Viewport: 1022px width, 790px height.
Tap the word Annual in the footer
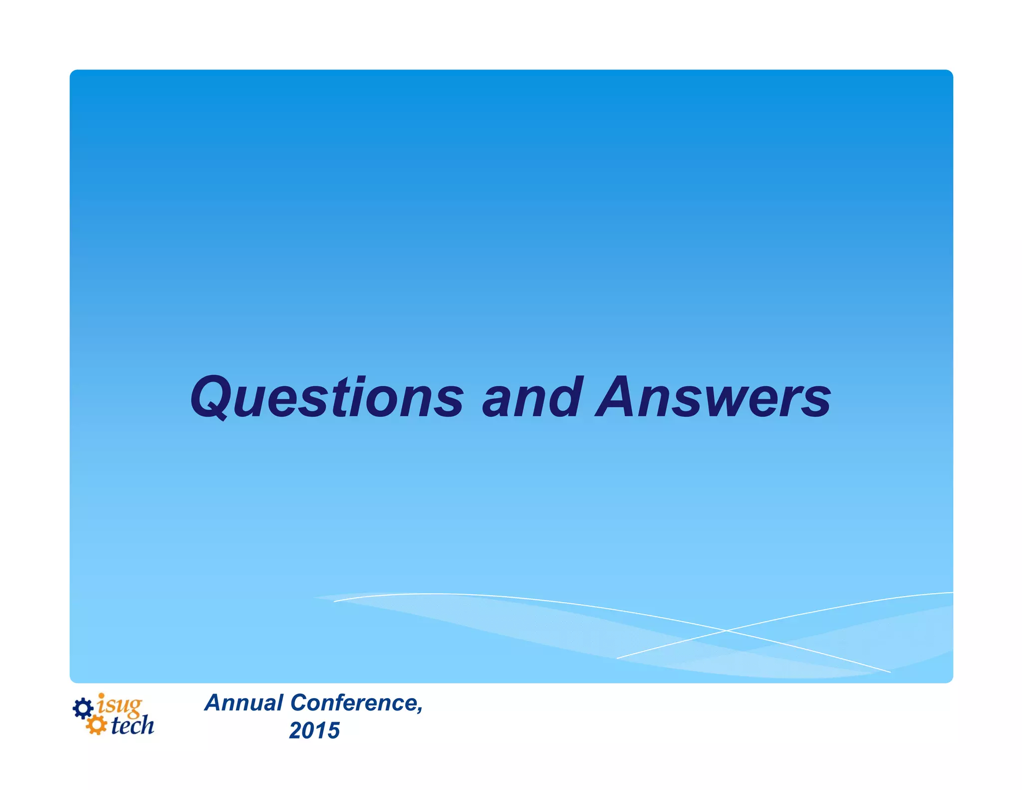pos(245,703)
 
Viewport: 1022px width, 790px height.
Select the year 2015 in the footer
pos(314,731)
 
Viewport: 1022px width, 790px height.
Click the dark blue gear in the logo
pos(83,708)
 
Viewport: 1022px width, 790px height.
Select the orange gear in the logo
pos(96,725)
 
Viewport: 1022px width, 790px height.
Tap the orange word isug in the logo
pos(120,705)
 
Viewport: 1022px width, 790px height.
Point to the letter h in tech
pos(147,725)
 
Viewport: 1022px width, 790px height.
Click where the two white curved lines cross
pos(726,631)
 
